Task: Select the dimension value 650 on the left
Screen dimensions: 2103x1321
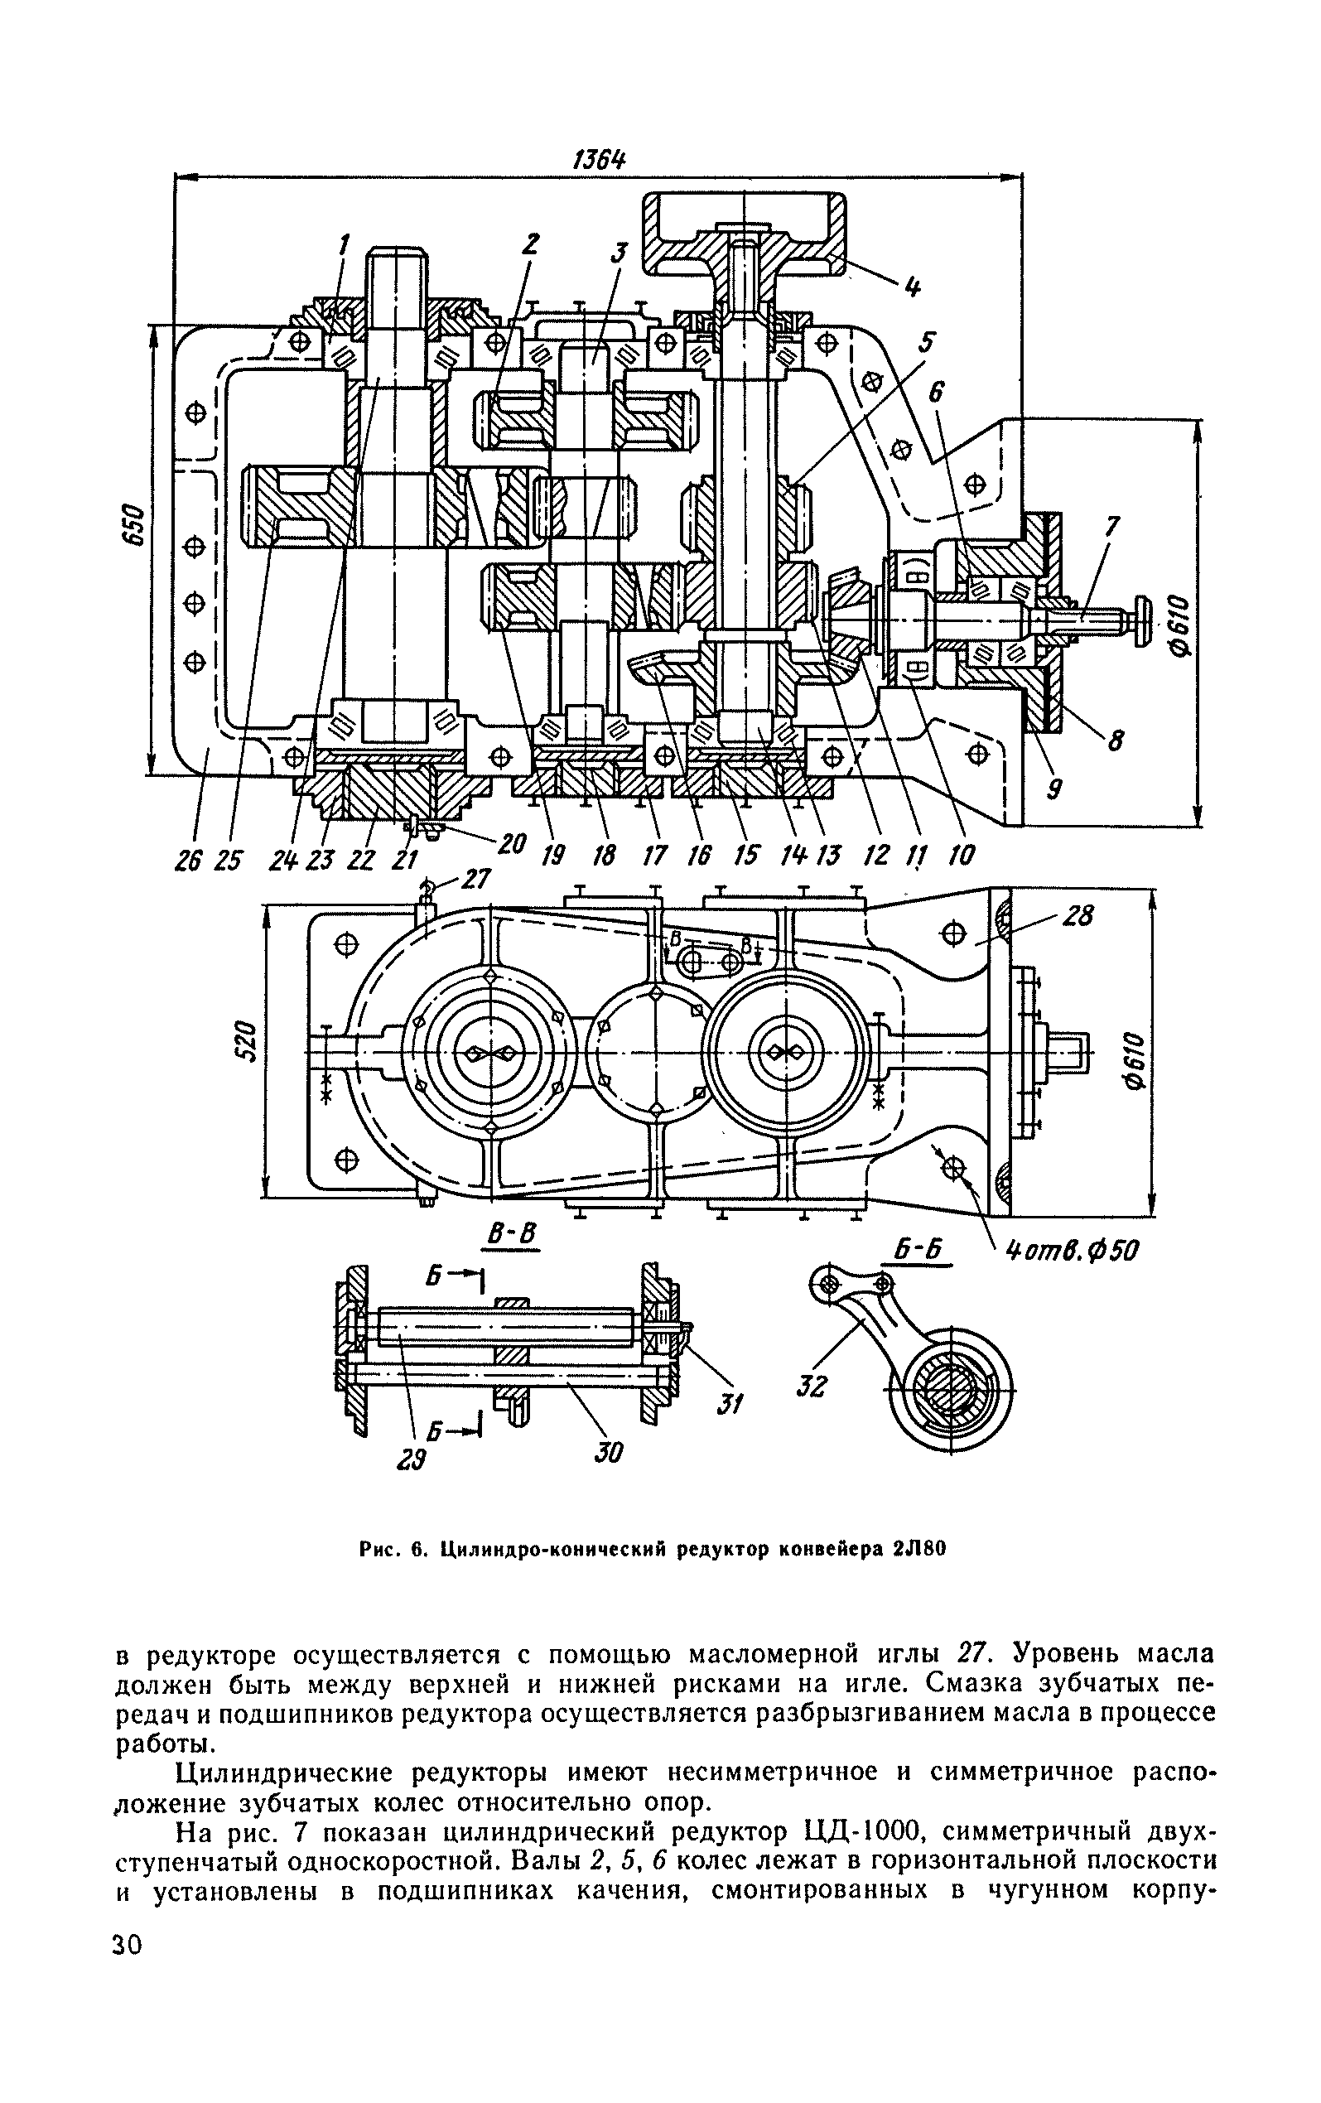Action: coord(133,526)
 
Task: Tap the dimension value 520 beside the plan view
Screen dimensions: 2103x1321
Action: coord(248,1040)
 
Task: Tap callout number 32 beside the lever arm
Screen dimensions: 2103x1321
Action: coord(811,1385)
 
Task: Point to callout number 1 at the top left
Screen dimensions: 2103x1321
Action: coord(343,244)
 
